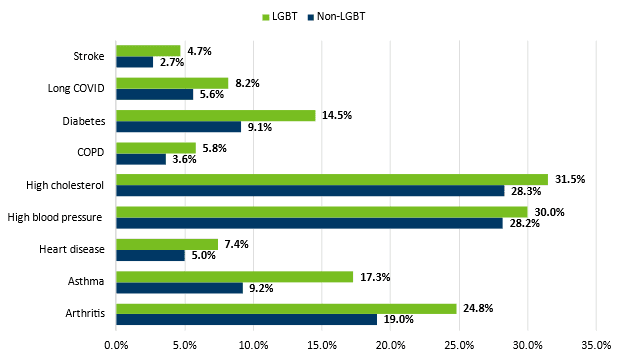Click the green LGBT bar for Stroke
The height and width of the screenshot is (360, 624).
click(x=148, y=50)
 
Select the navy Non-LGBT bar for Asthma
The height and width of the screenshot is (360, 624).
click(x=179, y=288)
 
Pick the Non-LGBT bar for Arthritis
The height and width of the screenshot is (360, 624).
click(x=246, y=320)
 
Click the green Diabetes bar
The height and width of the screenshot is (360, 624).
click(x=215, y=115)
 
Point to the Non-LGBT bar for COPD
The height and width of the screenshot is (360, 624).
click(x=141, y=159)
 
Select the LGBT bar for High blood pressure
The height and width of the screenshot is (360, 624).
click(x=321, y=211)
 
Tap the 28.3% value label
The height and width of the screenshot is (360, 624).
click(x=526, y=191)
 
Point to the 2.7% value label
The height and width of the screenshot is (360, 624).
click(x=172, y=62)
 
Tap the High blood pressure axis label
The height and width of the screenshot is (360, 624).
click(x=56, y=217)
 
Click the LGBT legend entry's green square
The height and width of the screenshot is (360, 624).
click(x=266, y=17)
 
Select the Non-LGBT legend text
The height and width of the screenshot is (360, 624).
click(x=342, y=17)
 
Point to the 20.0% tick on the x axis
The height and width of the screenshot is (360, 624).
click(x=390, y=346)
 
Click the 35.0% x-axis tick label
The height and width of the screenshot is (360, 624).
click(x=596, y=346)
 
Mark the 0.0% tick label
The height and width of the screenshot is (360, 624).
click(x=116, y=346)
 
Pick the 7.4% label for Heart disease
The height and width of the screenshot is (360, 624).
click(x=237, y=244)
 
